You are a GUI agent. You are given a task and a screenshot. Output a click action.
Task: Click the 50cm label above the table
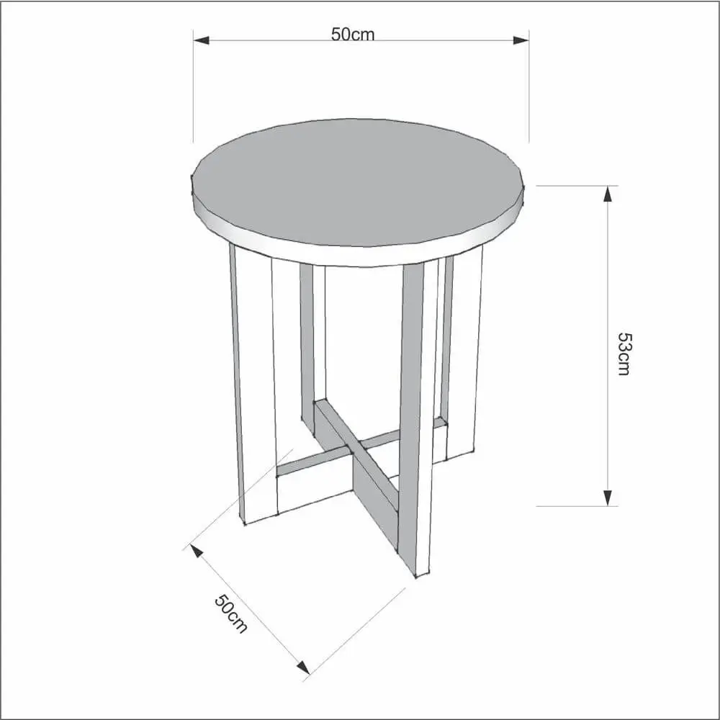pos(353,35)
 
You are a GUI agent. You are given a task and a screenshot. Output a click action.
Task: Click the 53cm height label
pos(624,354)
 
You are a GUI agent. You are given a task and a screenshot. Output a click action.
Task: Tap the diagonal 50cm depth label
pos(231,614)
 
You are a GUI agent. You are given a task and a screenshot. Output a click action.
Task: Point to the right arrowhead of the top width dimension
pos(521,40)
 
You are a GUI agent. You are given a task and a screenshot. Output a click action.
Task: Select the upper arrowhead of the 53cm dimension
pos(608,194)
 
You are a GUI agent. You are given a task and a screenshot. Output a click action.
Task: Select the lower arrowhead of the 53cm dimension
pos(608,498)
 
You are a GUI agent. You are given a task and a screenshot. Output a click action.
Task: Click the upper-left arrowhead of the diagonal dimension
pos(197,551)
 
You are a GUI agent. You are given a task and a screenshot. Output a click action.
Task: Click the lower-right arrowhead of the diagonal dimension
pos(303,667)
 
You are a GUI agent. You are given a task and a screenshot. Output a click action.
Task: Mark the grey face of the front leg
pos(411,413)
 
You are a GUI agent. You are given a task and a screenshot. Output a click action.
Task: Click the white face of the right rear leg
pos(464,354)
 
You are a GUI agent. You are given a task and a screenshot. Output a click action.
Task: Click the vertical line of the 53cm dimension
pos(608,346)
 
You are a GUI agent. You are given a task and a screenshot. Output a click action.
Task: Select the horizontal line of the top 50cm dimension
pos(361,40)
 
